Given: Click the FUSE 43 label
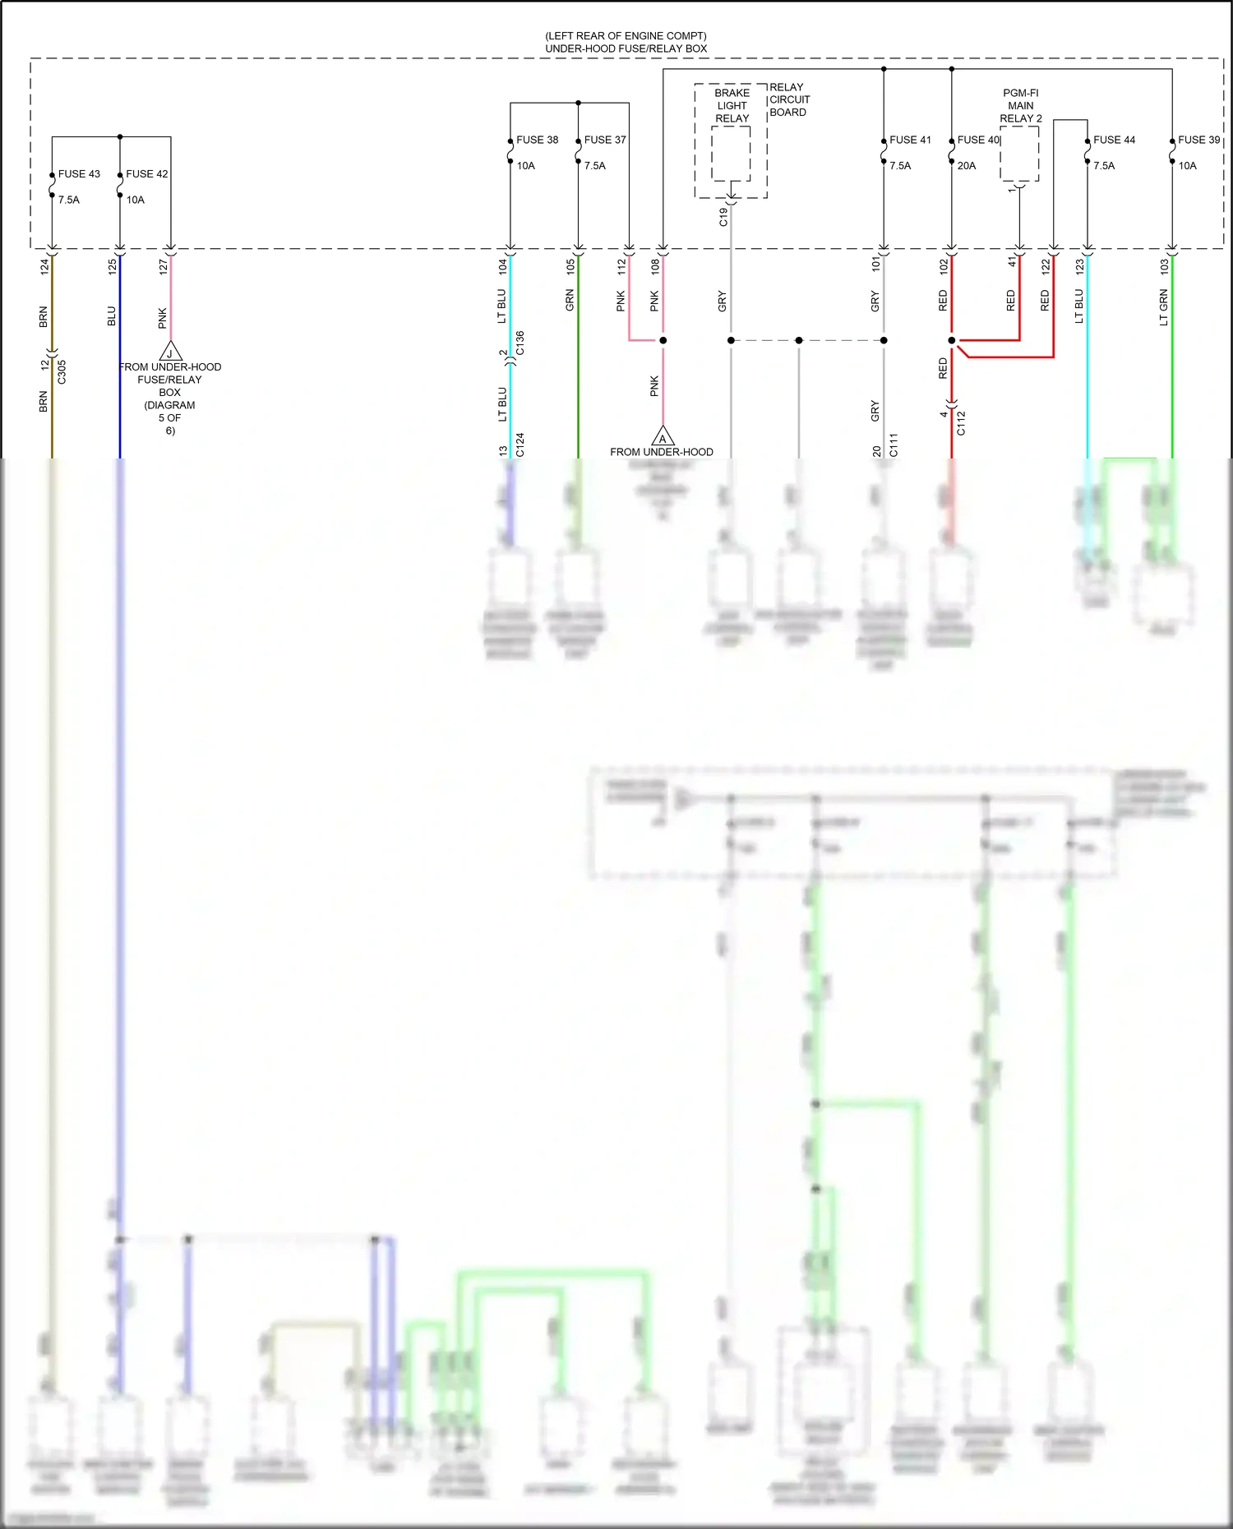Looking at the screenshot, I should [x=79, y=174].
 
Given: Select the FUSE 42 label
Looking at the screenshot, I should [x=146, y=174].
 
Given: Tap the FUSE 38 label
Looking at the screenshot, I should [x=537, y=140].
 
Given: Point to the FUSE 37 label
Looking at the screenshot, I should [x=605, y=140].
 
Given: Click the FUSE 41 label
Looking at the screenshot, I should [x=910, y=140].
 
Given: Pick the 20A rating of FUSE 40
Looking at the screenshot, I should [x=967, y=166].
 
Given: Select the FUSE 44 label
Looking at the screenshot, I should [x=1114, y=140].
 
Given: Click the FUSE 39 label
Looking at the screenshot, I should [x=1198, y=140].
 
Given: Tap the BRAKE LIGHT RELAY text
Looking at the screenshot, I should [x=732, y=106].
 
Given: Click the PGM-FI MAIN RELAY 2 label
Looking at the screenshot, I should [x=1021, y=106].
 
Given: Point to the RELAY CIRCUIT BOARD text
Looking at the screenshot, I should [x=789, y=99].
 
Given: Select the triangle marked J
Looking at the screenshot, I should [x=170, y=352].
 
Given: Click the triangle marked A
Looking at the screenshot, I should [x=663, y=437].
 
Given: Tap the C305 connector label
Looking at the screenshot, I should [x=62, y=372].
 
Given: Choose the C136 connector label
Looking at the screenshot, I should [x=520, y=343].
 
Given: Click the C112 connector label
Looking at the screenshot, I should [x=961, y=423].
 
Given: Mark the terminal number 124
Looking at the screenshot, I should [x=45, y=266].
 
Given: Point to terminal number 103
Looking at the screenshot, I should [x=1164, y=266].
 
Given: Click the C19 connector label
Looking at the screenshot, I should [x=723, y=217].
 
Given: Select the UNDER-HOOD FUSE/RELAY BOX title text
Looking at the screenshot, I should [x=626, y=48].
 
